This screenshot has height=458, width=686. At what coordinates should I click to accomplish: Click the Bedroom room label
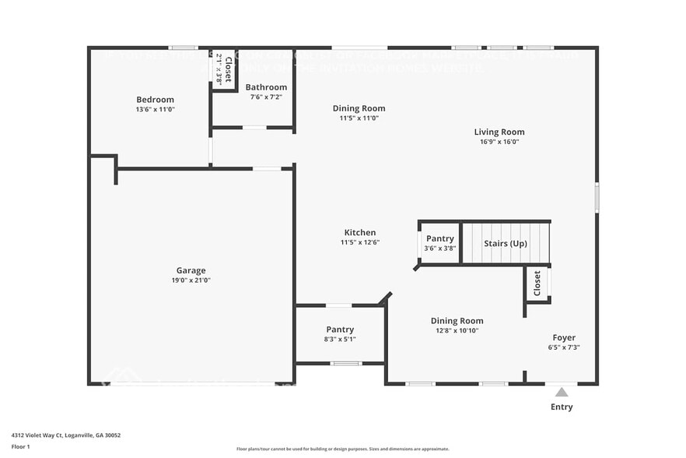coord(155,100)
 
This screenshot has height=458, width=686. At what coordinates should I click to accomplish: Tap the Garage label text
coord(191,270)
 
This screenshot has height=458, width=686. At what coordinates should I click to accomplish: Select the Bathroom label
coord(266,87)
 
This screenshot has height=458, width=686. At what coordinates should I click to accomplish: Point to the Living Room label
coord(499,132)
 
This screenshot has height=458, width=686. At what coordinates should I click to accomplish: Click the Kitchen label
coord(360,232)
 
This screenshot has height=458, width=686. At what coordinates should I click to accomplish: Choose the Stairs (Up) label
coord(506,243)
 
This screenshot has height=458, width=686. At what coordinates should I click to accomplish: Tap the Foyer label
coord(564,337)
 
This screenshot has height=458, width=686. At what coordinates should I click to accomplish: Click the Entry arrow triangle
coord(562,392)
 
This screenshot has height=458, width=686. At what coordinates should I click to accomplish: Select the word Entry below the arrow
coord(562,407)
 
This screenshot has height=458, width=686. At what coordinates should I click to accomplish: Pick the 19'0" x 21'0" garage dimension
coord(191,280)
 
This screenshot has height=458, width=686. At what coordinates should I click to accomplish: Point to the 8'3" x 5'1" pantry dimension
coord(340,339)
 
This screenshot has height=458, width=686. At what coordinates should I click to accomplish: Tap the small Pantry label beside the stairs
coord(440,238)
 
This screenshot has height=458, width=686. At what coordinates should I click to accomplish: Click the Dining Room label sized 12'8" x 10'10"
coord(457,320)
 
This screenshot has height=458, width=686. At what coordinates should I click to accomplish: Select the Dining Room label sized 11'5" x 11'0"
coord(359,108)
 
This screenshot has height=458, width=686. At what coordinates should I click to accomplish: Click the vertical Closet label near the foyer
coord(537,283)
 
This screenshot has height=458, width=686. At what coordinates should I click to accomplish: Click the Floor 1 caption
coord(20,447)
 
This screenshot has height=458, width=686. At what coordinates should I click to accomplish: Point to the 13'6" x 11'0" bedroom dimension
coord(155,110)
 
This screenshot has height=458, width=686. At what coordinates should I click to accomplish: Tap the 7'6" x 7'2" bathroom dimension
coord(266,97)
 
